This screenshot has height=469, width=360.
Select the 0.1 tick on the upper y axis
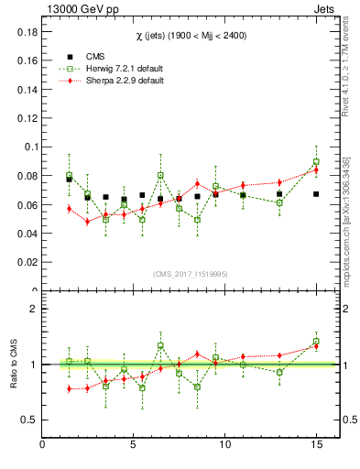(x=28, y=147)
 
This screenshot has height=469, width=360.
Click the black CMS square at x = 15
(x=316, y=194)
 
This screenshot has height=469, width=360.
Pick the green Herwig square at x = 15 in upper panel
(x=316, y=162)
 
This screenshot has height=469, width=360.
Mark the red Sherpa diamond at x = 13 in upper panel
(x=279, y=182)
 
